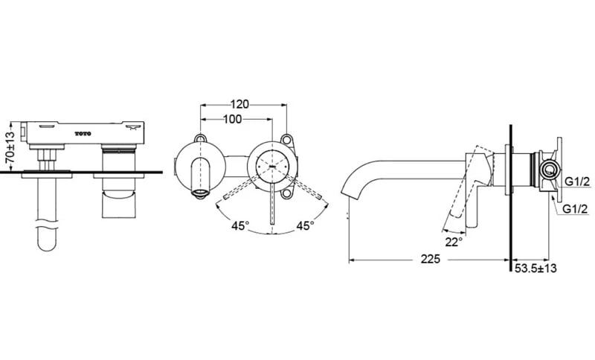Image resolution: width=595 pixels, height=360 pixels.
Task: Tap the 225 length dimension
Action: (429, 259)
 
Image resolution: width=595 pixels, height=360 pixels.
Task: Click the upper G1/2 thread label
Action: (576, 181)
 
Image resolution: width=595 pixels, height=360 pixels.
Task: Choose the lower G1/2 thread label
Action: (576, 209)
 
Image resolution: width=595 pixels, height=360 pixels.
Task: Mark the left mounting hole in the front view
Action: (199, 138)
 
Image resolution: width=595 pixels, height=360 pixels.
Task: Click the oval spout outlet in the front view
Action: (200, 195)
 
